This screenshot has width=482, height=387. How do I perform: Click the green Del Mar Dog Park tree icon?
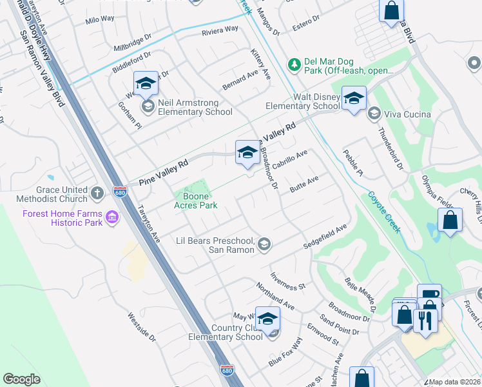294,64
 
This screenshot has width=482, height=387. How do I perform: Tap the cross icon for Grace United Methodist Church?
97,192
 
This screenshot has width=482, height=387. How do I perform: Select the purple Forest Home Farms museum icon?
113,218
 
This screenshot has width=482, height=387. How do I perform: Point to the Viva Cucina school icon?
374,114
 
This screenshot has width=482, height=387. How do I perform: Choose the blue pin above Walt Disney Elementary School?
354,99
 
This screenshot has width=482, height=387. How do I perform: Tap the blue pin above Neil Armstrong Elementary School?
146,84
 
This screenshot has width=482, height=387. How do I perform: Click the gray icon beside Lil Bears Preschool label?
264,244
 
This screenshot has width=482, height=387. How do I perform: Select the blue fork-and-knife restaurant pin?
424,321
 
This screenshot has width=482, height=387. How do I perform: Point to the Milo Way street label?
100,20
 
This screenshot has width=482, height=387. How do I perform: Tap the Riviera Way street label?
220,30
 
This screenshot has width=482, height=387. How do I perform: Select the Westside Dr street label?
142,328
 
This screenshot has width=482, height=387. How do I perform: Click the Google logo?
22,379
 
